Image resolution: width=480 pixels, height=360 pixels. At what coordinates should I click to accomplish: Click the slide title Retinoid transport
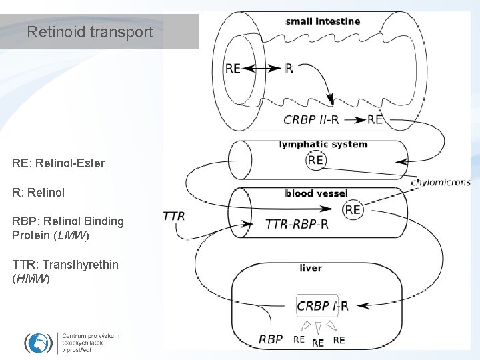(x=90, y=32)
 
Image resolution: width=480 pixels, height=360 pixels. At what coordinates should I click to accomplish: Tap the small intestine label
(x=323, y=21)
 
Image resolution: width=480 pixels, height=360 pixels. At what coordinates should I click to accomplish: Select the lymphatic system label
(x=323, y=144)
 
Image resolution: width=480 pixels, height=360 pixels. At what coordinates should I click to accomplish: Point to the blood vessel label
(x=316, y=193)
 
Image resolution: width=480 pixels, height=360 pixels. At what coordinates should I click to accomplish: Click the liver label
(x=311, y=268)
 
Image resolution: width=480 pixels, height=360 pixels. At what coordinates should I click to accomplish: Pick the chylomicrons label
(x=441, y=182)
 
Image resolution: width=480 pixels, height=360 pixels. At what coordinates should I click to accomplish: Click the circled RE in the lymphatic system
(x=315, y=160)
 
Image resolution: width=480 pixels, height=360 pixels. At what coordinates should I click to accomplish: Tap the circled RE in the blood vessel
(x=353, y=209)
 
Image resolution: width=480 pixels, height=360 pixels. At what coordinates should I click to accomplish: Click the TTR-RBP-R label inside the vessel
(x=297, y=224)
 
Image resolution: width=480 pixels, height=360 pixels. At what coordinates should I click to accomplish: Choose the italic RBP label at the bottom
(x=271, y=339)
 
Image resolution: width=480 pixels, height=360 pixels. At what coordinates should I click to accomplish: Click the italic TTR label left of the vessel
(x=173, y=216)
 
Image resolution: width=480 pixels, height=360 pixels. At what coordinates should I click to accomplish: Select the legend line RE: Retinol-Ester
(x=58, y=163)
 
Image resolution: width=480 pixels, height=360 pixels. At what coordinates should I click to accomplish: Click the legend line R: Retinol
(x=38, y=192)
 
